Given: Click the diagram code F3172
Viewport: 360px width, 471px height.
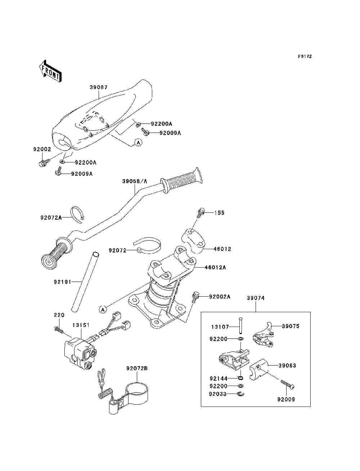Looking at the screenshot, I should tap(305, 57).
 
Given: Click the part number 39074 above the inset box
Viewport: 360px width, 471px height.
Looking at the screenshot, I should tap(256, 298).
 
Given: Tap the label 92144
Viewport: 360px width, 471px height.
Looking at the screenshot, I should tap(218, 378).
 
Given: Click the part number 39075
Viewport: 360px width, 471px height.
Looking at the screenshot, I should tap(291, 326).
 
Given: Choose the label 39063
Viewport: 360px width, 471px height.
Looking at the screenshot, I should tap(287, 365).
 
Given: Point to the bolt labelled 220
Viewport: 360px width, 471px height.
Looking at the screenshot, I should tap(59, 329).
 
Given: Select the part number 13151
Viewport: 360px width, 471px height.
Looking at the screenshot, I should tap(81, 325).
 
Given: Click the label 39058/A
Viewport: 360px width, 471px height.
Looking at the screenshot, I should tap(135, 181).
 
